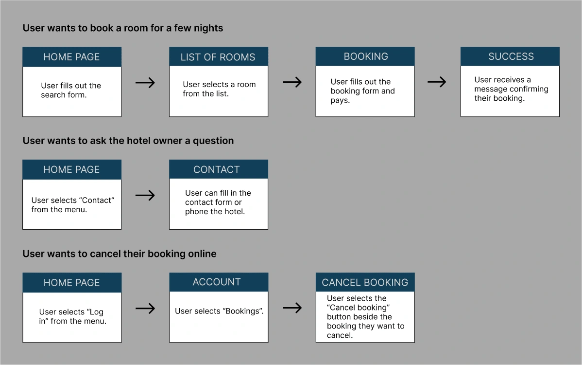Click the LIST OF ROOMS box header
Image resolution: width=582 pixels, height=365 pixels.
pyautogui.click(x=219, y=56)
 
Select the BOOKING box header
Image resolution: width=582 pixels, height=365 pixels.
pyautogui.click(x=365, y=56)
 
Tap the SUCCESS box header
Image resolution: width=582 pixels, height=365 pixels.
pyautogui.click(x=510, y=56)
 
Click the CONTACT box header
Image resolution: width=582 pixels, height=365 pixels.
pyautogui.click(x=219, y=169)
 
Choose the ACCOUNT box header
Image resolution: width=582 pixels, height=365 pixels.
pyautogui.click(x=219, y=282)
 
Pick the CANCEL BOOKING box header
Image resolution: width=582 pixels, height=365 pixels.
pyautogui.click(x=365, y=282)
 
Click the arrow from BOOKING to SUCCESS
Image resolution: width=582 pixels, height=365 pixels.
pyautogui.click(x=437, y=82)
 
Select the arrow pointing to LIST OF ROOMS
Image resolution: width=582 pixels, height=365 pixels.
pyautogui.click(x=145, y=83)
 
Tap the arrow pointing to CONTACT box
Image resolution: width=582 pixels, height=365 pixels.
pyautogui.click(x=145, y=195)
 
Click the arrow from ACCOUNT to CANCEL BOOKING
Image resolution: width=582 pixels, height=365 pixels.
pyautogui.click(x=292, y=308)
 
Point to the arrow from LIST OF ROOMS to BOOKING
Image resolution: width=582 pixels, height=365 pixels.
pyautogui.click(x=292, y=82)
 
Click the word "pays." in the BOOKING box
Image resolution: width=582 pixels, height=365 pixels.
pyautogui.click(x=340, y=101)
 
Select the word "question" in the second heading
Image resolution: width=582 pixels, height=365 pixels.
pyautogui.click(x=213, y=141)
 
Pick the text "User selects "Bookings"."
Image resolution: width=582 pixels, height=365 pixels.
pyautogui.click(x=219, y=311)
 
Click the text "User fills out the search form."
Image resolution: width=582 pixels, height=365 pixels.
pyautogui.click(x=71, y=91)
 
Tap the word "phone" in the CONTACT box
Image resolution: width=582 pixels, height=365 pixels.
pyautogui.click(x=196, y=212)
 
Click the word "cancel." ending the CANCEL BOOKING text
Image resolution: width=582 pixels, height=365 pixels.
pyautogui.click(x=340, y=335)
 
